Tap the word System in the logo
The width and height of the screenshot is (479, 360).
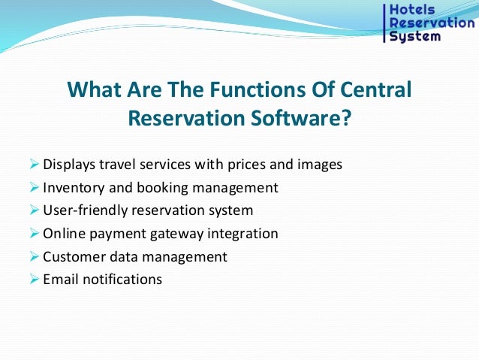[x=415, y=36]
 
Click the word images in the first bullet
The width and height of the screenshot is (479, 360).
[x=321, y=165]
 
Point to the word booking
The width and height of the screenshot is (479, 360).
[x=161, y=187]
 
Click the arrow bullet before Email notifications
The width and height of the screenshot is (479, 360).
[x=34, y=279]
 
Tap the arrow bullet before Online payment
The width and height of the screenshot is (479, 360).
[x=34, y=234]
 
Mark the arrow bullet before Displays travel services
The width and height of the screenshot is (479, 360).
[x=34, y=165]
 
